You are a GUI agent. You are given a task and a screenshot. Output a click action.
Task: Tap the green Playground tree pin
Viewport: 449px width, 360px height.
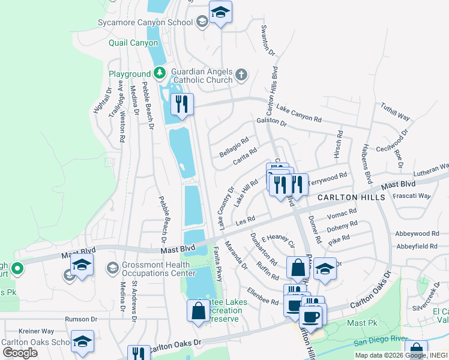(159, 74)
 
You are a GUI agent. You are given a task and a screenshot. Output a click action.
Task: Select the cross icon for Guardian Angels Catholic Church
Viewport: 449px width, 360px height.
(241, 75)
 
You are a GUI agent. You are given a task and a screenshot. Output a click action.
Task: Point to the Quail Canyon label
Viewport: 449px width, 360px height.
(133, 43)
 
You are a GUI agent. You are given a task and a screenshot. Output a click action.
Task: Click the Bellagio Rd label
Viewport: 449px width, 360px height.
(234, 147)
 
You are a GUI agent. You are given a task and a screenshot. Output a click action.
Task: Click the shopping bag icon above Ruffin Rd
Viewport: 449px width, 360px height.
(298, 268)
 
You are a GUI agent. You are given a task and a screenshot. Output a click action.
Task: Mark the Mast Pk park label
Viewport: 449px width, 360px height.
(360, 323)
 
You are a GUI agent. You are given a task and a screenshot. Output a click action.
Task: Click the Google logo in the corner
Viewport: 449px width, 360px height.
(19, 353)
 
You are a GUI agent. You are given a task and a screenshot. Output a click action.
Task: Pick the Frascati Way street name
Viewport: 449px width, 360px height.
(411, 196)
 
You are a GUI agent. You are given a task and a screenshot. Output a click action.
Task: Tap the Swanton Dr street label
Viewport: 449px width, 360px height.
(268, 41)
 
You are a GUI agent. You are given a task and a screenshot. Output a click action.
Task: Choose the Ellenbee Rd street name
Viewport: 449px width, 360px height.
(262, 298)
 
